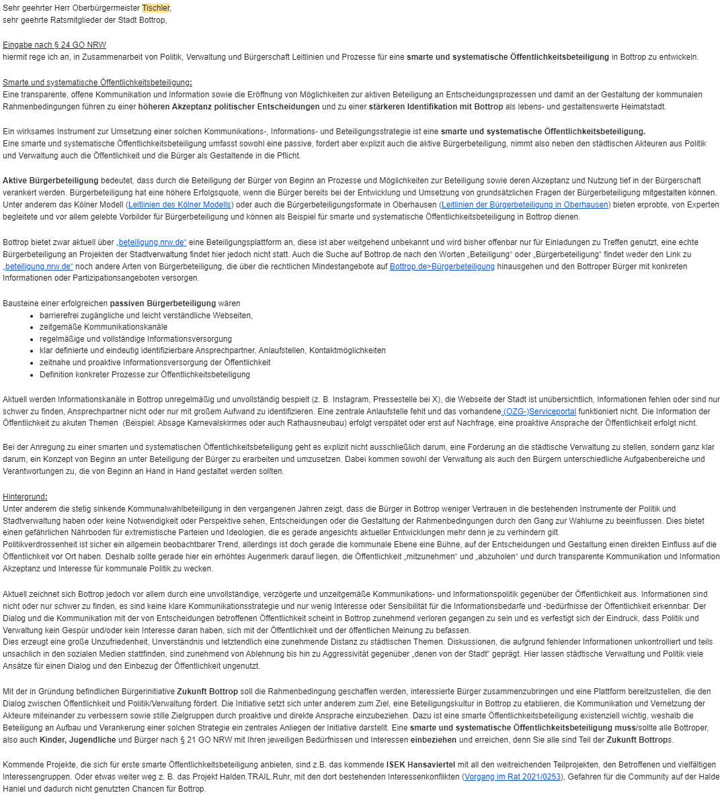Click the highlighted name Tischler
(x=156, y=8)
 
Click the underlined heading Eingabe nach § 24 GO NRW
(x=54, y=45)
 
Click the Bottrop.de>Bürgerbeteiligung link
(x=442, y=267)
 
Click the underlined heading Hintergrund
(x=25, y=497)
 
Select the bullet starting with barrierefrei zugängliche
(x=146, y=315)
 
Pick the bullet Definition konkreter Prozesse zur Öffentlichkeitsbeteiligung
(x=145, y=375)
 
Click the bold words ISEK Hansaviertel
(x=421, y=765)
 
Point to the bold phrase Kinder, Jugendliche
(x=63, y=740)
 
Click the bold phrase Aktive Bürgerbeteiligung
(x=50, y=181)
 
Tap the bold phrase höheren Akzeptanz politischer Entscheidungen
(x=229, y=107)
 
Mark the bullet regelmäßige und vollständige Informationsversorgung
(x=136, y=339)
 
